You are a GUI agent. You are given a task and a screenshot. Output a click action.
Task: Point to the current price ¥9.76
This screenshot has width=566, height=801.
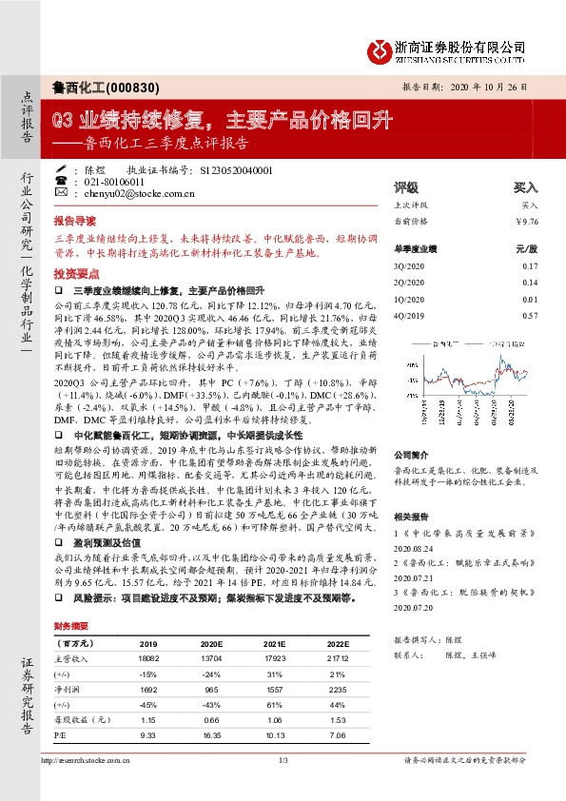(526, 222)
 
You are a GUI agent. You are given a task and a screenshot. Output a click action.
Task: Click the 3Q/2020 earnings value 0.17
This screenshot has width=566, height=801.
(530, 265)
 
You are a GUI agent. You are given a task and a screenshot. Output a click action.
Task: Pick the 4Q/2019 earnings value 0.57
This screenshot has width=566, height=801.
(530, 315)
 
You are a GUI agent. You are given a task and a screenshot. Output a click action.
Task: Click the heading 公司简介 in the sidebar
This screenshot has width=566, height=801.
(413, 455)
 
